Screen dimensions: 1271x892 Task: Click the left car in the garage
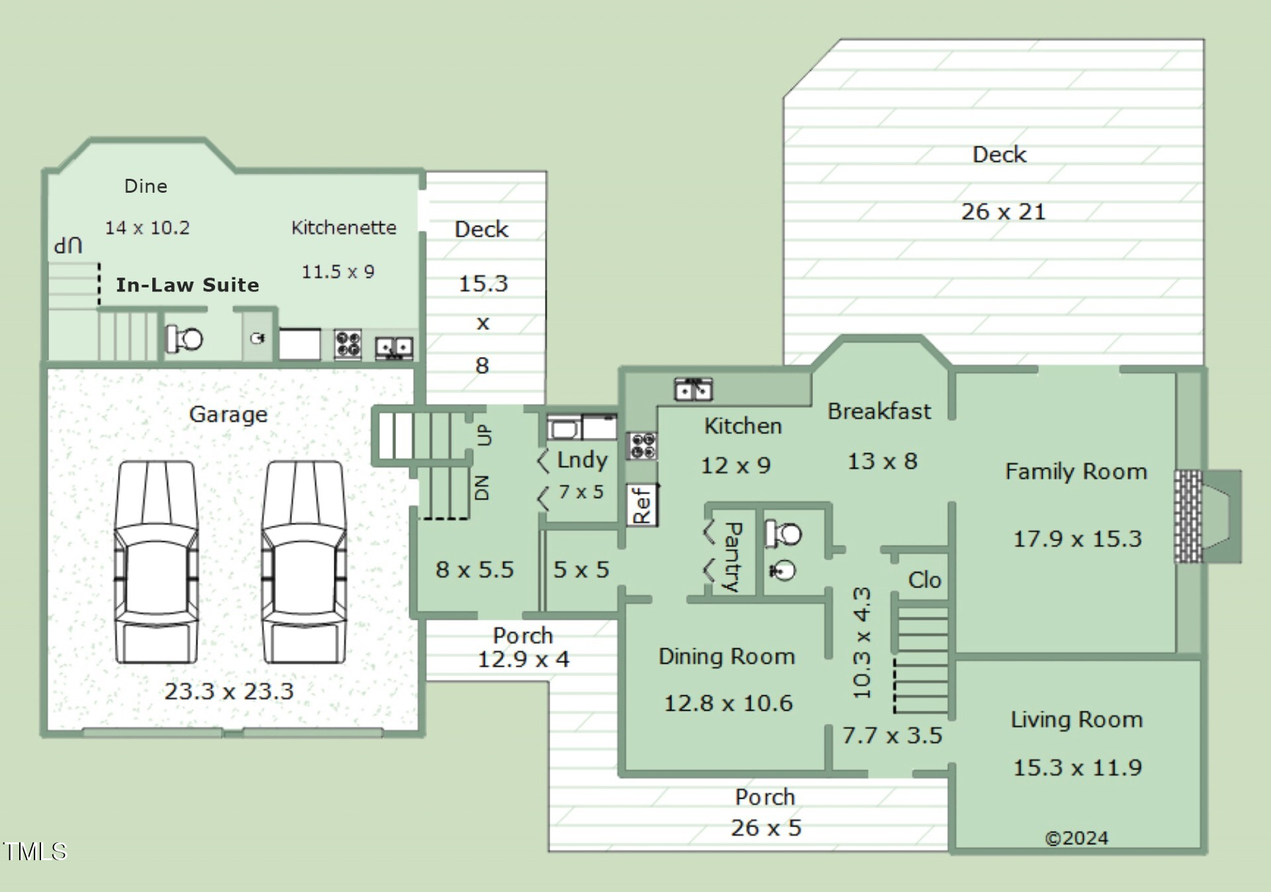point(156,562)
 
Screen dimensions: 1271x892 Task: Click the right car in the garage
point(304,562)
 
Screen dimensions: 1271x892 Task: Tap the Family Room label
point(1076,471)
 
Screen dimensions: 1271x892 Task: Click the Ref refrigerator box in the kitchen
point(642,505)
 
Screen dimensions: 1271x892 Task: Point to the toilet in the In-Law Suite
point(183,339)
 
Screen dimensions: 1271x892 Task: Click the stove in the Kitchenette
point(348,344)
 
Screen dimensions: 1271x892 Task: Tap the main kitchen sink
point(693,389)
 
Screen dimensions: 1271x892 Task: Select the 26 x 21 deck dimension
point(1003,212)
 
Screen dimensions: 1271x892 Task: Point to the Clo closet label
point(924,580)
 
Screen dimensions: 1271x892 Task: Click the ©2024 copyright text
point(1076,838)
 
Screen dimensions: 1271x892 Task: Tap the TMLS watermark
point(34,851)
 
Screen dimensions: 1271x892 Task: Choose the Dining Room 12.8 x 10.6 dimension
point(728,703)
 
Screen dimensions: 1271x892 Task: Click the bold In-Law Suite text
point(187,285)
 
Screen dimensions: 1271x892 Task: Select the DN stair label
point(483,487)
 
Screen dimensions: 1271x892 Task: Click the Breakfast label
point(879,411)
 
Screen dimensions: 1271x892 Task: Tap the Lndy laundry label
point(582,460)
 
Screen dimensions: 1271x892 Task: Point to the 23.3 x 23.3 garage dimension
point(229,691)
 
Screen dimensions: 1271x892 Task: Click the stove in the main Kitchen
point(641,446)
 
